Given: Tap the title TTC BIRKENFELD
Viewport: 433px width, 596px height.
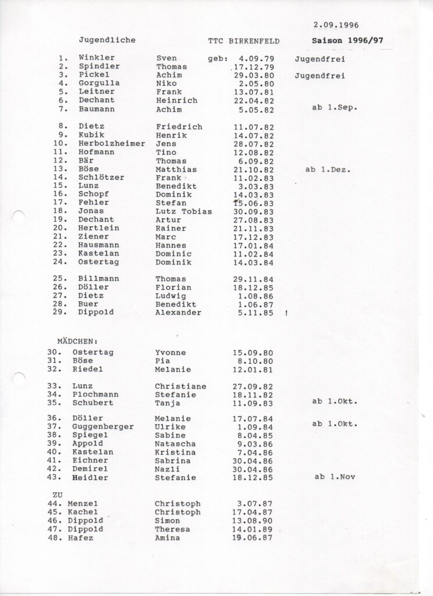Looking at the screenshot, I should pos(244,41).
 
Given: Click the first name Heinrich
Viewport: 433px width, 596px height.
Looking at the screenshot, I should pos(176,100).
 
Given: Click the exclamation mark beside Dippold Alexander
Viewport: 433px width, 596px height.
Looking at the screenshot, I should pos(286,313).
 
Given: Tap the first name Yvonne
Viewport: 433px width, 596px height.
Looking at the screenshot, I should pos(171,353).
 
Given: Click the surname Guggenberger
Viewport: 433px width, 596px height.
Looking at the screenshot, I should pos(103,426).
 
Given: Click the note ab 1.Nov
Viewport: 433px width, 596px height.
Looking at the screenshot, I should pos(335,477).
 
